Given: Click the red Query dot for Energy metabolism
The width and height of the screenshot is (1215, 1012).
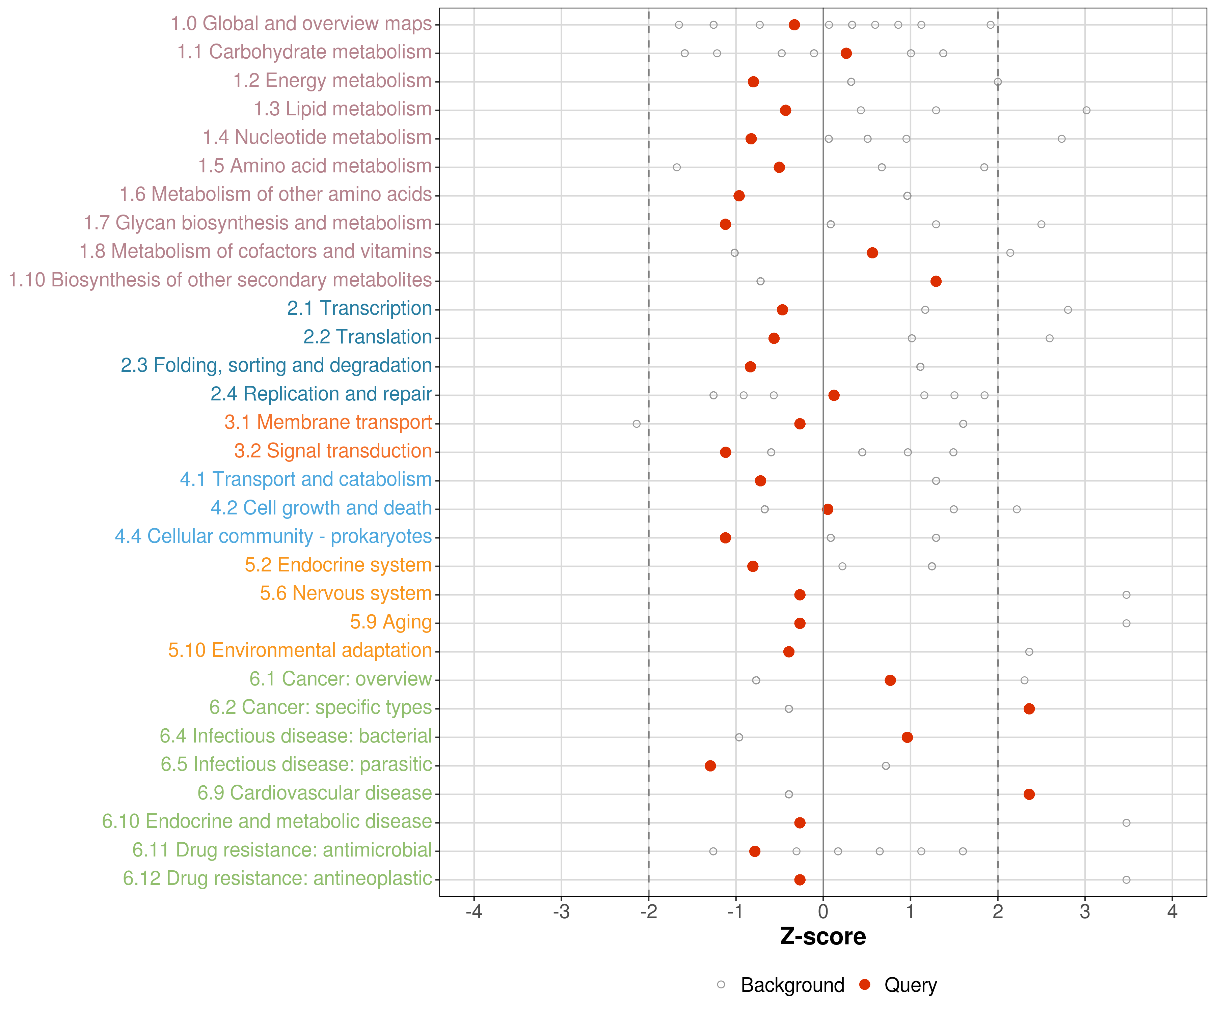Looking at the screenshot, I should coord(753,82).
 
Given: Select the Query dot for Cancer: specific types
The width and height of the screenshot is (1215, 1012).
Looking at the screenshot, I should coord(1029,708).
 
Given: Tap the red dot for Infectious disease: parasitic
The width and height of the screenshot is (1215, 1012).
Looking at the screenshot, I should coord(710,766).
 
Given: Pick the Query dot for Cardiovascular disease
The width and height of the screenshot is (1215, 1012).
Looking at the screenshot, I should coord(1029,794).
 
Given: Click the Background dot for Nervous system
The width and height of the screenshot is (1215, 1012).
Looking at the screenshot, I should coord(1126,594).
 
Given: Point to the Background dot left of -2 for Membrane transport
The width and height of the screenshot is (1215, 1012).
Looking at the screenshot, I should coord(637,424).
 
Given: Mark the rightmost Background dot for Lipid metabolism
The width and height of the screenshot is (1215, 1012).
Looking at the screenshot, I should coord(1086,110).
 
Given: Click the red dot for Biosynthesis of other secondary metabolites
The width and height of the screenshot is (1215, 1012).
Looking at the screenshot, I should coord(936,281).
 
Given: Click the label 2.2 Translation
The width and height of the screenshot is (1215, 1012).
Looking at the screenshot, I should coord(368,337).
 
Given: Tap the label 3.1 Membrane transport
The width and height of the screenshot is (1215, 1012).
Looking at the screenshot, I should coord(328,422).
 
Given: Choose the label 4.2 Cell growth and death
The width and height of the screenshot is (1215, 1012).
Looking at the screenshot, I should coord(321,508).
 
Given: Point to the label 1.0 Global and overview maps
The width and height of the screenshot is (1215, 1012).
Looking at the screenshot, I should coord(301,24).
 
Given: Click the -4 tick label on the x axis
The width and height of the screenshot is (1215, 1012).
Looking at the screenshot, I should coord(474,912).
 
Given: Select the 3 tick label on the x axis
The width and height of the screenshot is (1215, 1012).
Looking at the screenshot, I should coord(1085,912).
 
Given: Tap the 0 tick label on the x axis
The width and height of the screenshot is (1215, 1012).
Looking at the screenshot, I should coord(823,912).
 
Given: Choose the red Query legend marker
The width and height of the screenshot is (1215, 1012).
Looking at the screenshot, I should coord(864,984).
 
